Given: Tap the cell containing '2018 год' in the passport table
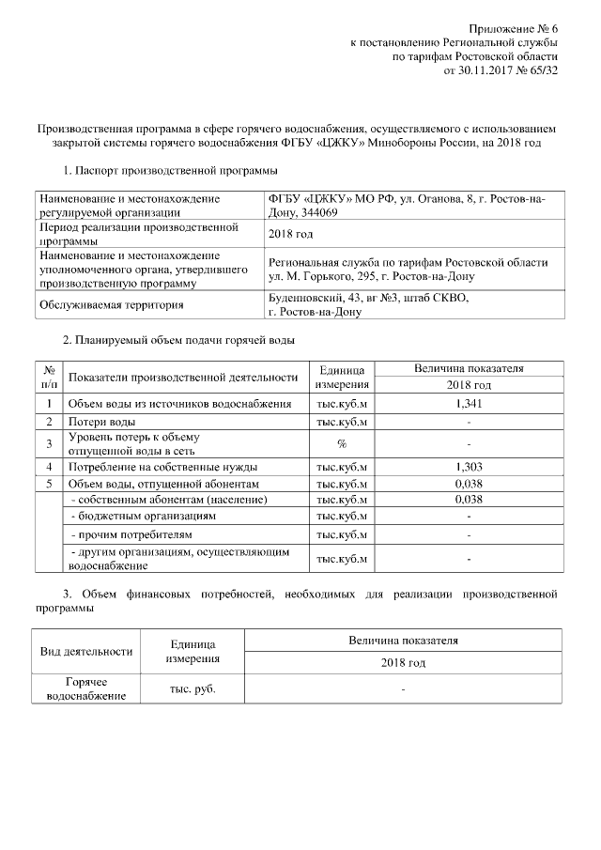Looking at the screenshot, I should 290,233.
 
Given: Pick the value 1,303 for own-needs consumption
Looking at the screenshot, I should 468,466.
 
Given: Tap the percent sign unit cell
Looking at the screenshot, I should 342,443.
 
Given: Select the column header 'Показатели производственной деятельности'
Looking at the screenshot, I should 182,377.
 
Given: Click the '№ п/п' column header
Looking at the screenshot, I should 49,377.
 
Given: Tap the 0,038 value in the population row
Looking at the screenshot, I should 468,500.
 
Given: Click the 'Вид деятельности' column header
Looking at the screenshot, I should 85,652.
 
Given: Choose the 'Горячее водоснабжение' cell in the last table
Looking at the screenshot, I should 85,689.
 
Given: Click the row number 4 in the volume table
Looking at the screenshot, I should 49,466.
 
